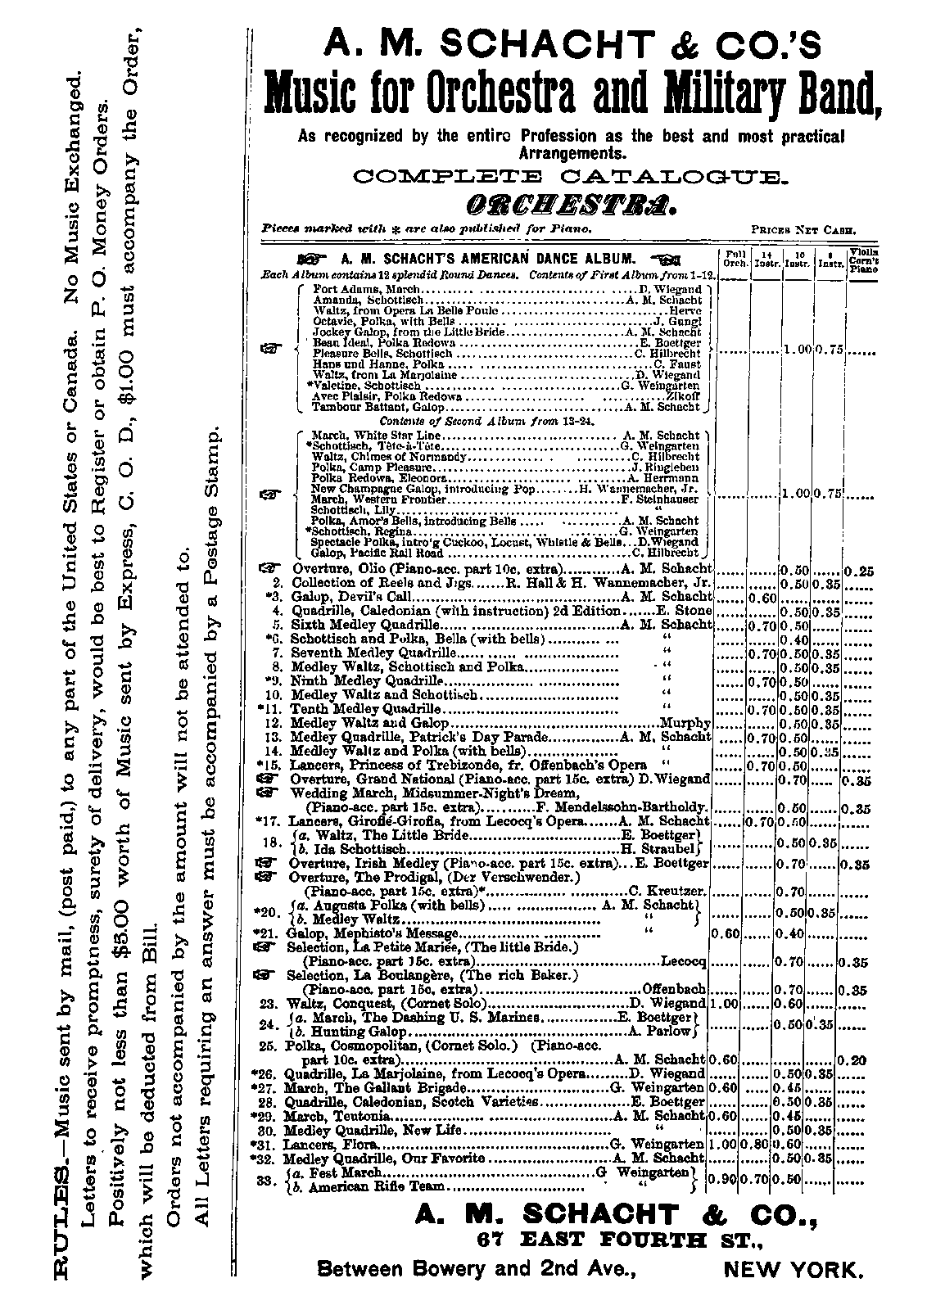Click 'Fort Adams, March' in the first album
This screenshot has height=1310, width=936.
click(x=367, y=289)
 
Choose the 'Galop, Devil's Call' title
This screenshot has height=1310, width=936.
click(x=328, y=597)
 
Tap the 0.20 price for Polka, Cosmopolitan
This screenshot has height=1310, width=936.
click(x=855, y=1059)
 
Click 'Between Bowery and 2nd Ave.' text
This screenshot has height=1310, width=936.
click(x=476, y=1270)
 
